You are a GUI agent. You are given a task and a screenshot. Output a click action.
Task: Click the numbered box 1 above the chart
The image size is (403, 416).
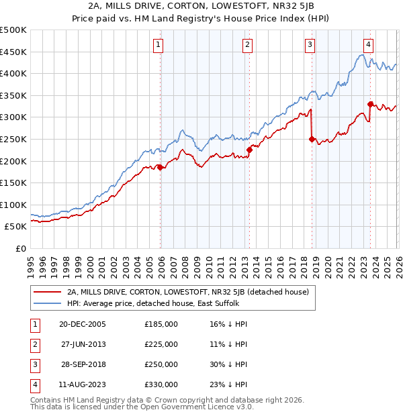point(158,45)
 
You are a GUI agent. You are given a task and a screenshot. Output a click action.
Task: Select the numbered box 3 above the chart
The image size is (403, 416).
point(310,45)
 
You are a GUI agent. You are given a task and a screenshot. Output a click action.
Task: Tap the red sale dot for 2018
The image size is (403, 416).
point(312,140)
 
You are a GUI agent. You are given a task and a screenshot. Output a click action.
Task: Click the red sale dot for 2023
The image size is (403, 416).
point(370,104)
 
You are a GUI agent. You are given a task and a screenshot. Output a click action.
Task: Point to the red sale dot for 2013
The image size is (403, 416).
point(249,150)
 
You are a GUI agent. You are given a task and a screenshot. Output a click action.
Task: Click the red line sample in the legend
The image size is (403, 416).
point(48,292)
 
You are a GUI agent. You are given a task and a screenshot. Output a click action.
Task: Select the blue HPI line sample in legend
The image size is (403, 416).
point(48,303)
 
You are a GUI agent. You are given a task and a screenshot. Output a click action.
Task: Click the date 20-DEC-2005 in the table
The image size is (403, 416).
point(83,324)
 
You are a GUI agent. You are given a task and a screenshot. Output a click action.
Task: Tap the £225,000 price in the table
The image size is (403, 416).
point(161,344)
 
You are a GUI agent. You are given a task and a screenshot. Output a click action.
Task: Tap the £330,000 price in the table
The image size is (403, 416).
point(161,384)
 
